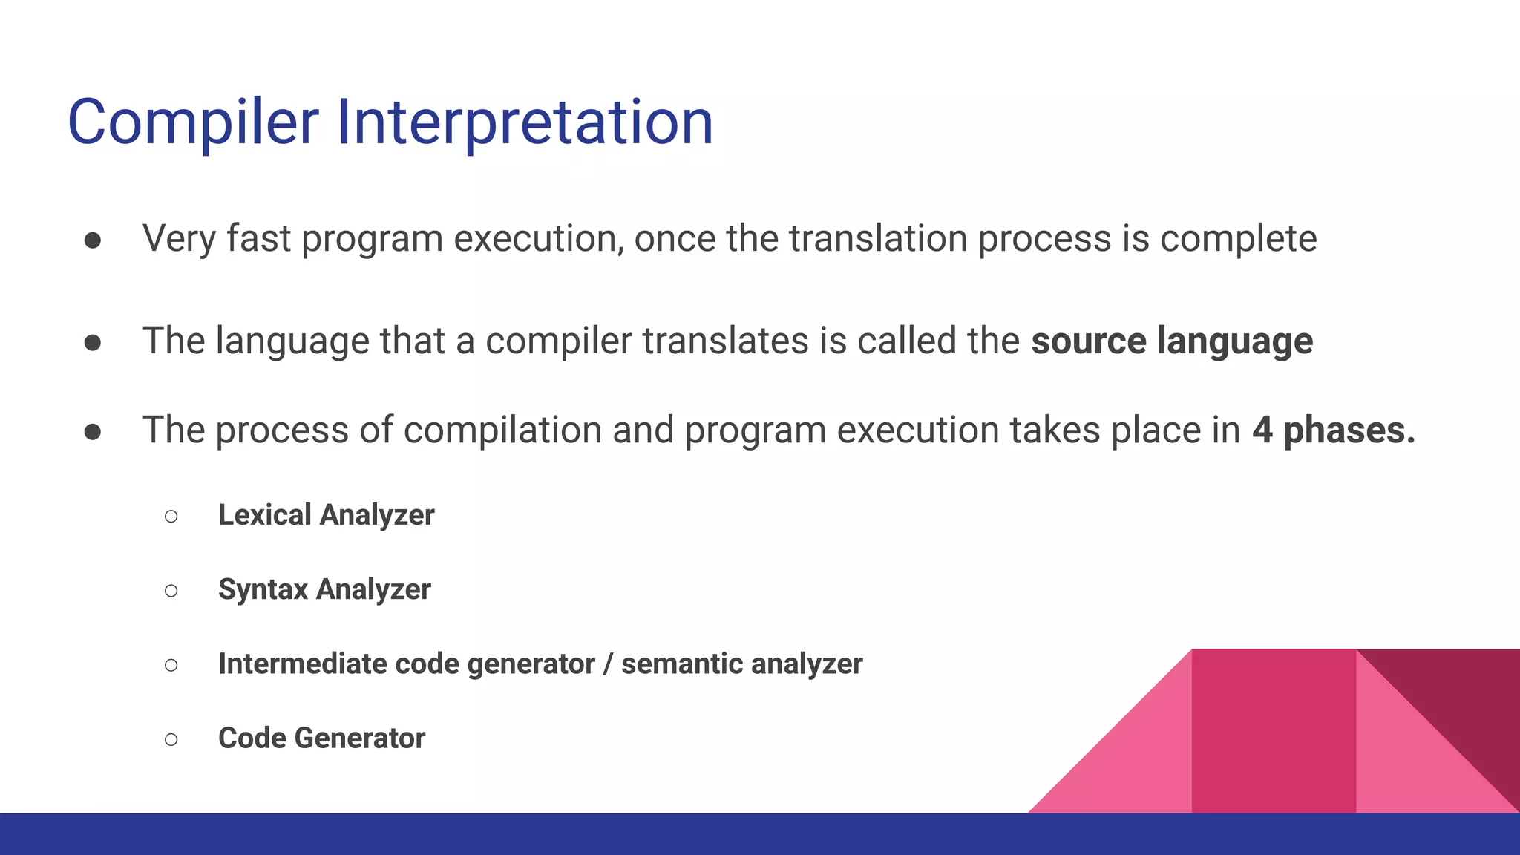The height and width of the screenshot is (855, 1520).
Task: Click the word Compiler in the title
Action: tap(193, 122)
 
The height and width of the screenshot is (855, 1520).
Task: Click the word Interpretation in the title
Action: tap(525, 122)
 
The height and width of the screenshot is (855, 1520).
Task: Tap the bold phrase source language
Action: tap(1171, 341)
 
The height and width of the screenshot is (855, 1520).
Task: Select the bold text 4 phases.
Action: tap(1333, 430)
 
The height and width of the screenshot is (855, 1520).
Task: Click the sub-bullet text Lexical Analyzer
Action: tap(326, 515)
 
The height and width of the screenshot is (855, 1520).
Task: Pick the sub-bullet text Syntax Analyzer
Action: tap(324, 589)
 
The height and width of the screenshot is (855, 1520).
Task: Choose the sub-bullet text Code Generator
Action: tap(321, 738)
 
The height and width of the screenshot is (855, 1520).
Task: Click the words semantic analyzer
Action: tap(741, 664)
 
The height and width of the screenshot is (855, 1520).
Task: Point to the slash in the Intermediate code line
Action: tap(607, 664)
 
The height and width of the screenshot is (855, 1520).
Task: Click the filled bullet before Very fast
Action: tap(93, 240)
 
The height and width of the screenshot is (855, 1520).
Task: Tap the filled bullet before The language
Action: tap(93, 342)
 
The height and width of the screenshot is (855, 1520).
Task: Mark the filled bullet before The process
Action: tap(93, 431)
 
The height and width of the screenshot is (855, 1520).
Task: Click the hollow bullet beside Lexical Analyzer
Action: tap(171, 516)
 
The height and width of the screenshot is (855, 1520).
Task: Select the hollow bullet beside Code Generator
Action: tap(171, 739)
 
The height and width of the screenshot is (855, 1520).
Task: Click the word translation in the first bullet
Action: tap(877, 239)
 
